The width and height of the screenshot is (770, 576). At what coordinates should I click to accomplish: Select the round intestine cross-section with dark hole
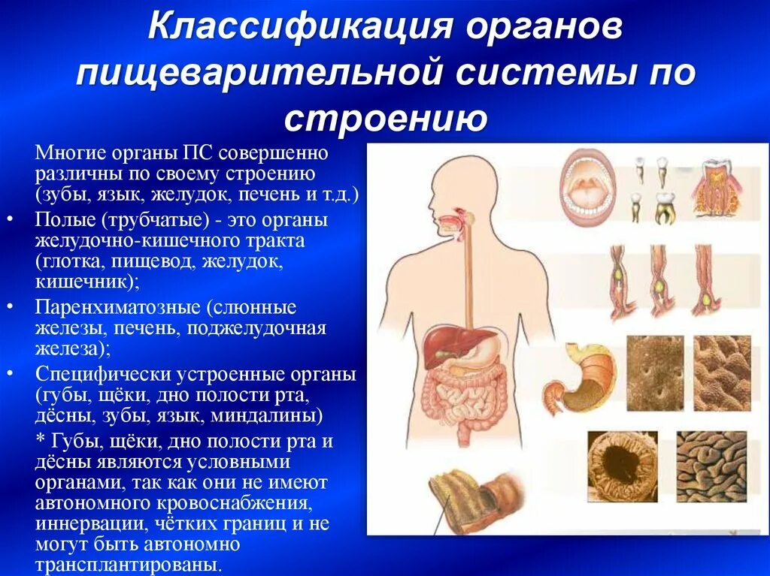(611, 466)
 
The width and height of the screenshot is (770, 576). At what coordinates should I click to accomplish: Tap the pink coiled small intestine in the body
(451, 394)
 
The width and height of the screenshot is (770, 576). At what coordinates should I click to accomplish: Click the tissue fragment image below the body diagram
(468, 503)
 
